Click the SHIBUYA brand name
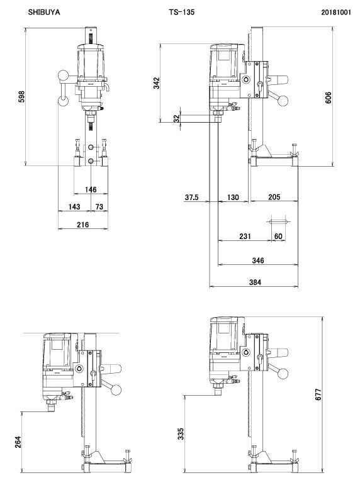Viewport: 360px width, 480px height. tap(44, 12)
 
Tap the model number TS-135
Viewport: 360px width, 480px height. tap(181, 12)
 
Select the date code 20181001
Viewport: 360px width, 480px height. tap(336, 12)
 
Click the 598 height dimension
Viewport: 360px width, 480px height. tap(21, 96)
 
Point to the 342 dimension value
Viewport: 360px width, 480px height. tap(157, 83)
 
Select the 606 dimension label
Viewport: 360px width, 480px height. tap(328, 98)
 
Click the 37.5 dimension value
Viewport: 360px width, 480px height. tap(191, 197)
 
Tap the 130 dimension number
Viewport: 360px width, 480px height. tap(233, 197)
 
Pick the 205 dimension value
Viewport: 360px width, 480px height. tap(274, 197)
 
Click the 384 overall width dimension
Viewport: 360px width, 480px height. tap(255, 282)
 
